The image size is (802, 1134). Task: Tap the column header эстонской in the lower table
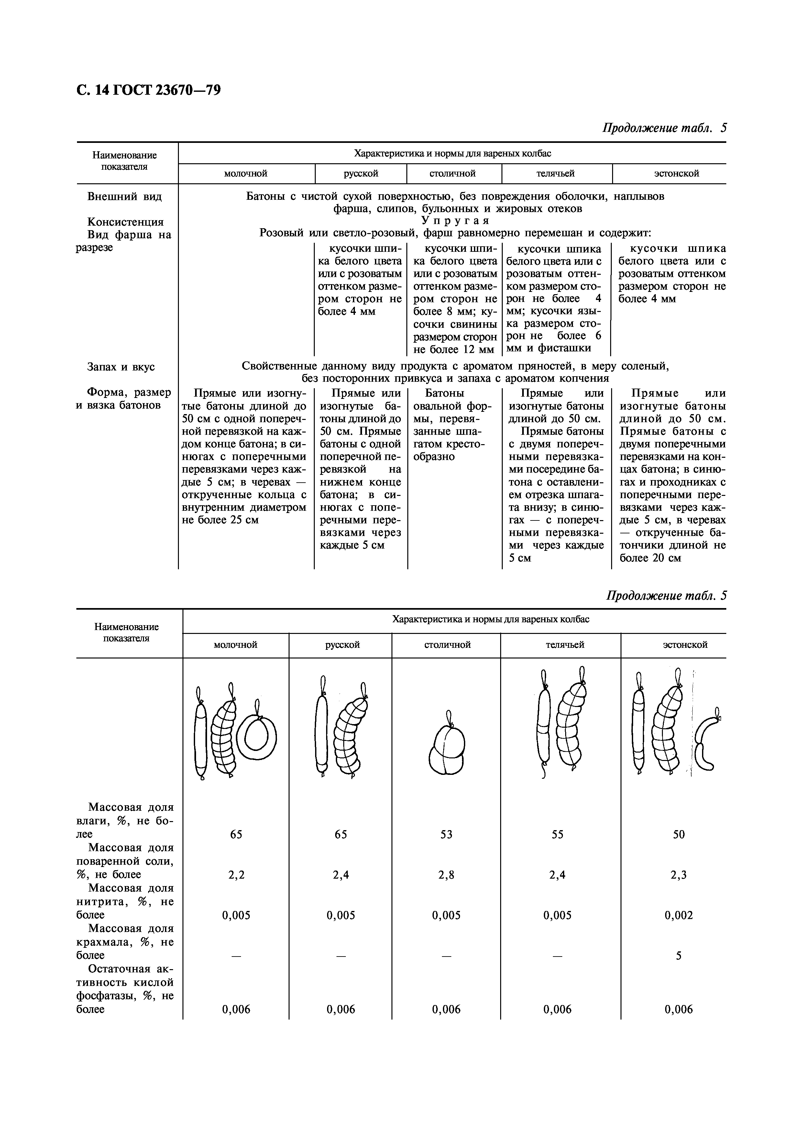coord(685,645)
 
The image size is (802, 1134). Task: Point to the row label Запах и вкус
coord(121,367)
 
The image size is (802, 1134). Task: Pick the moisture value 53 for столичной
coord(446,834)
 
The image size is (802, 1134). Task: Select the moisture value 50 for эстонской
coord(678,834)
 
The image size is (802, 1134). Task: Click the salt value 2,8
coord(446,875)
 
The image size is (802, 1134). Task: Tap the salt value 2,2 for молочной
coord(236,875)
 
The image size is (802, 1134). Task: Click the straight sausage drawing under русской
coord(321,736)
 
